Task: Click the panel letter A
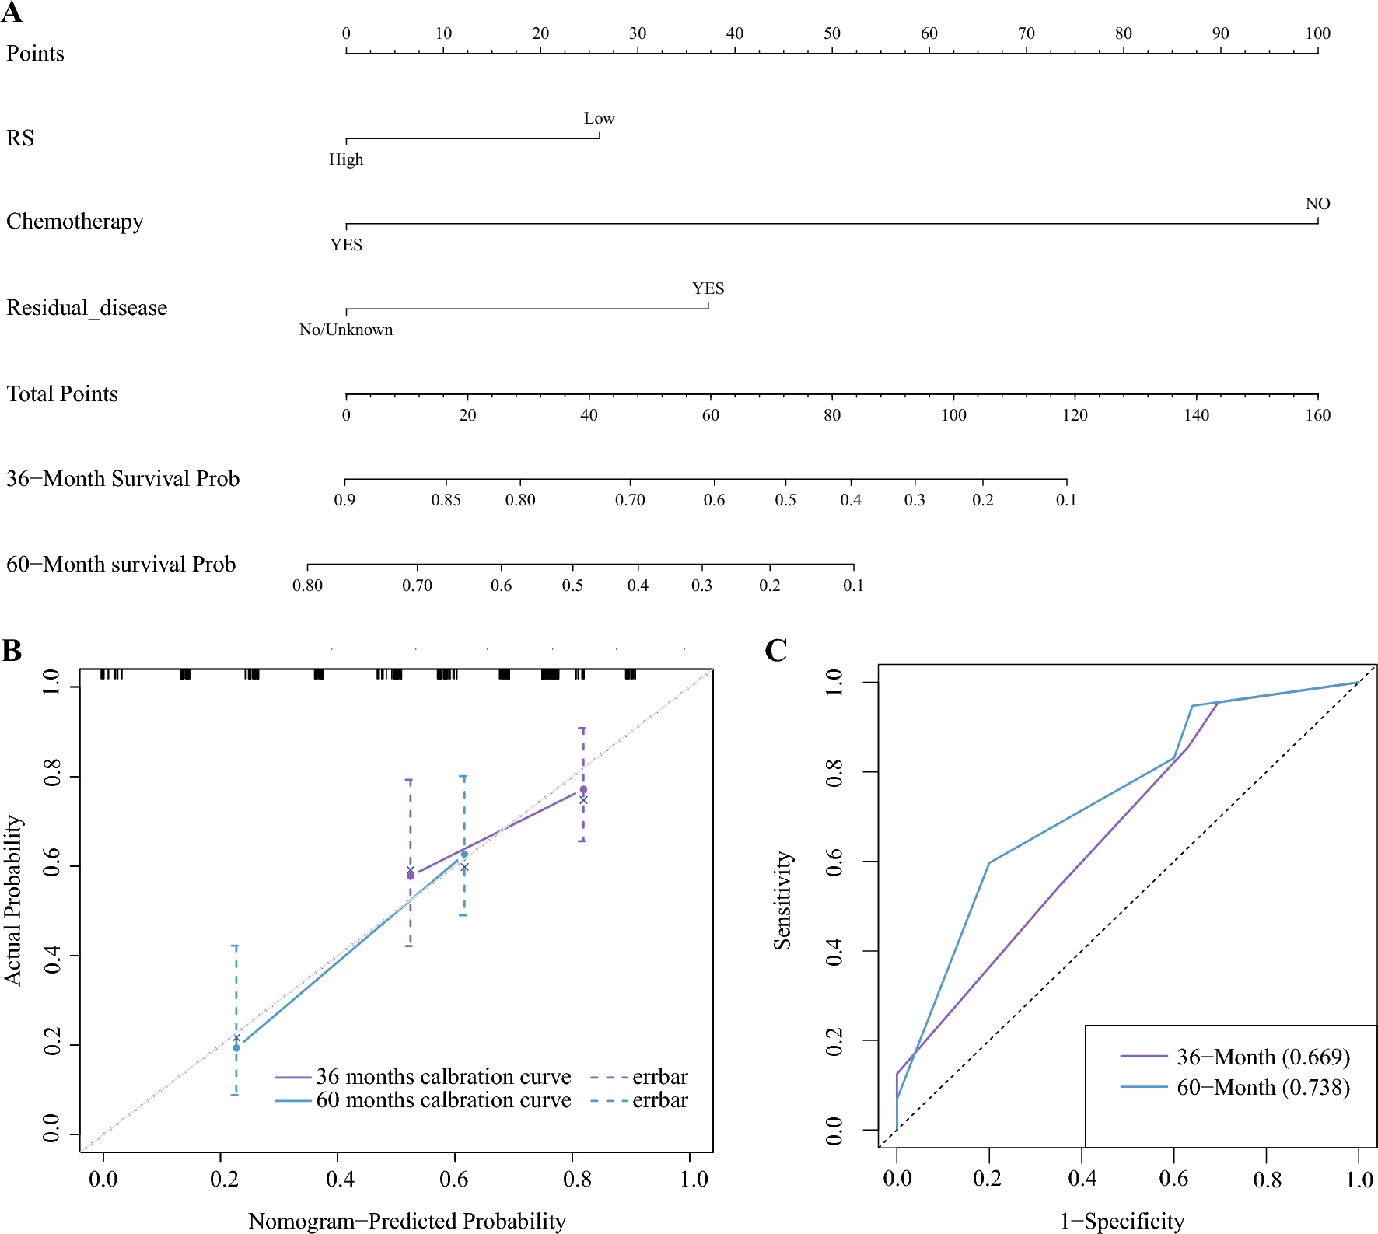click(12, 13)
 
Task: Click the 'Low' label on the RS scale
click(599, 118)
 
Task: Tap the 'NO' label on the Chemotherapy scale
click(1317, 204)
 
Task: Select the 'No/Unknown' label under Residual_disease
click(346, 330)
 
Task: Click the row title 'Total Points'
click(62, 394)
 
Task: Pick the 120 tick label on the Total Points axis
click(1075, 415)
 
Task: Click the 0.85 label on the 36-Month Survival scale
click(446, 500)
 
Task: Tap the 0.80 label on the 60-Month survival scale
click(307, 586)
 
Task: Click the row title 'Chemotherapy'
click(75, 222)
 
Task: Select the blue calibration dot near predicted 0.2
click(236, 1048)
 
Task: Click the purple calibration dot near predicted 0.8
click(583, 789)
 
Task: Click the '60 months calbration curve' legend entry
click(443, 1100)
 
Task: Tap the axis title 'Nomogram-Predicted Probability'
click(407, 1221)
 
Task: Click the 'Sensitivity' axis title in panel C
click(782, 900)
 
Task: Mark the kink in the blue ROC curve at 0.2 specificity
click(989, 862)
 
